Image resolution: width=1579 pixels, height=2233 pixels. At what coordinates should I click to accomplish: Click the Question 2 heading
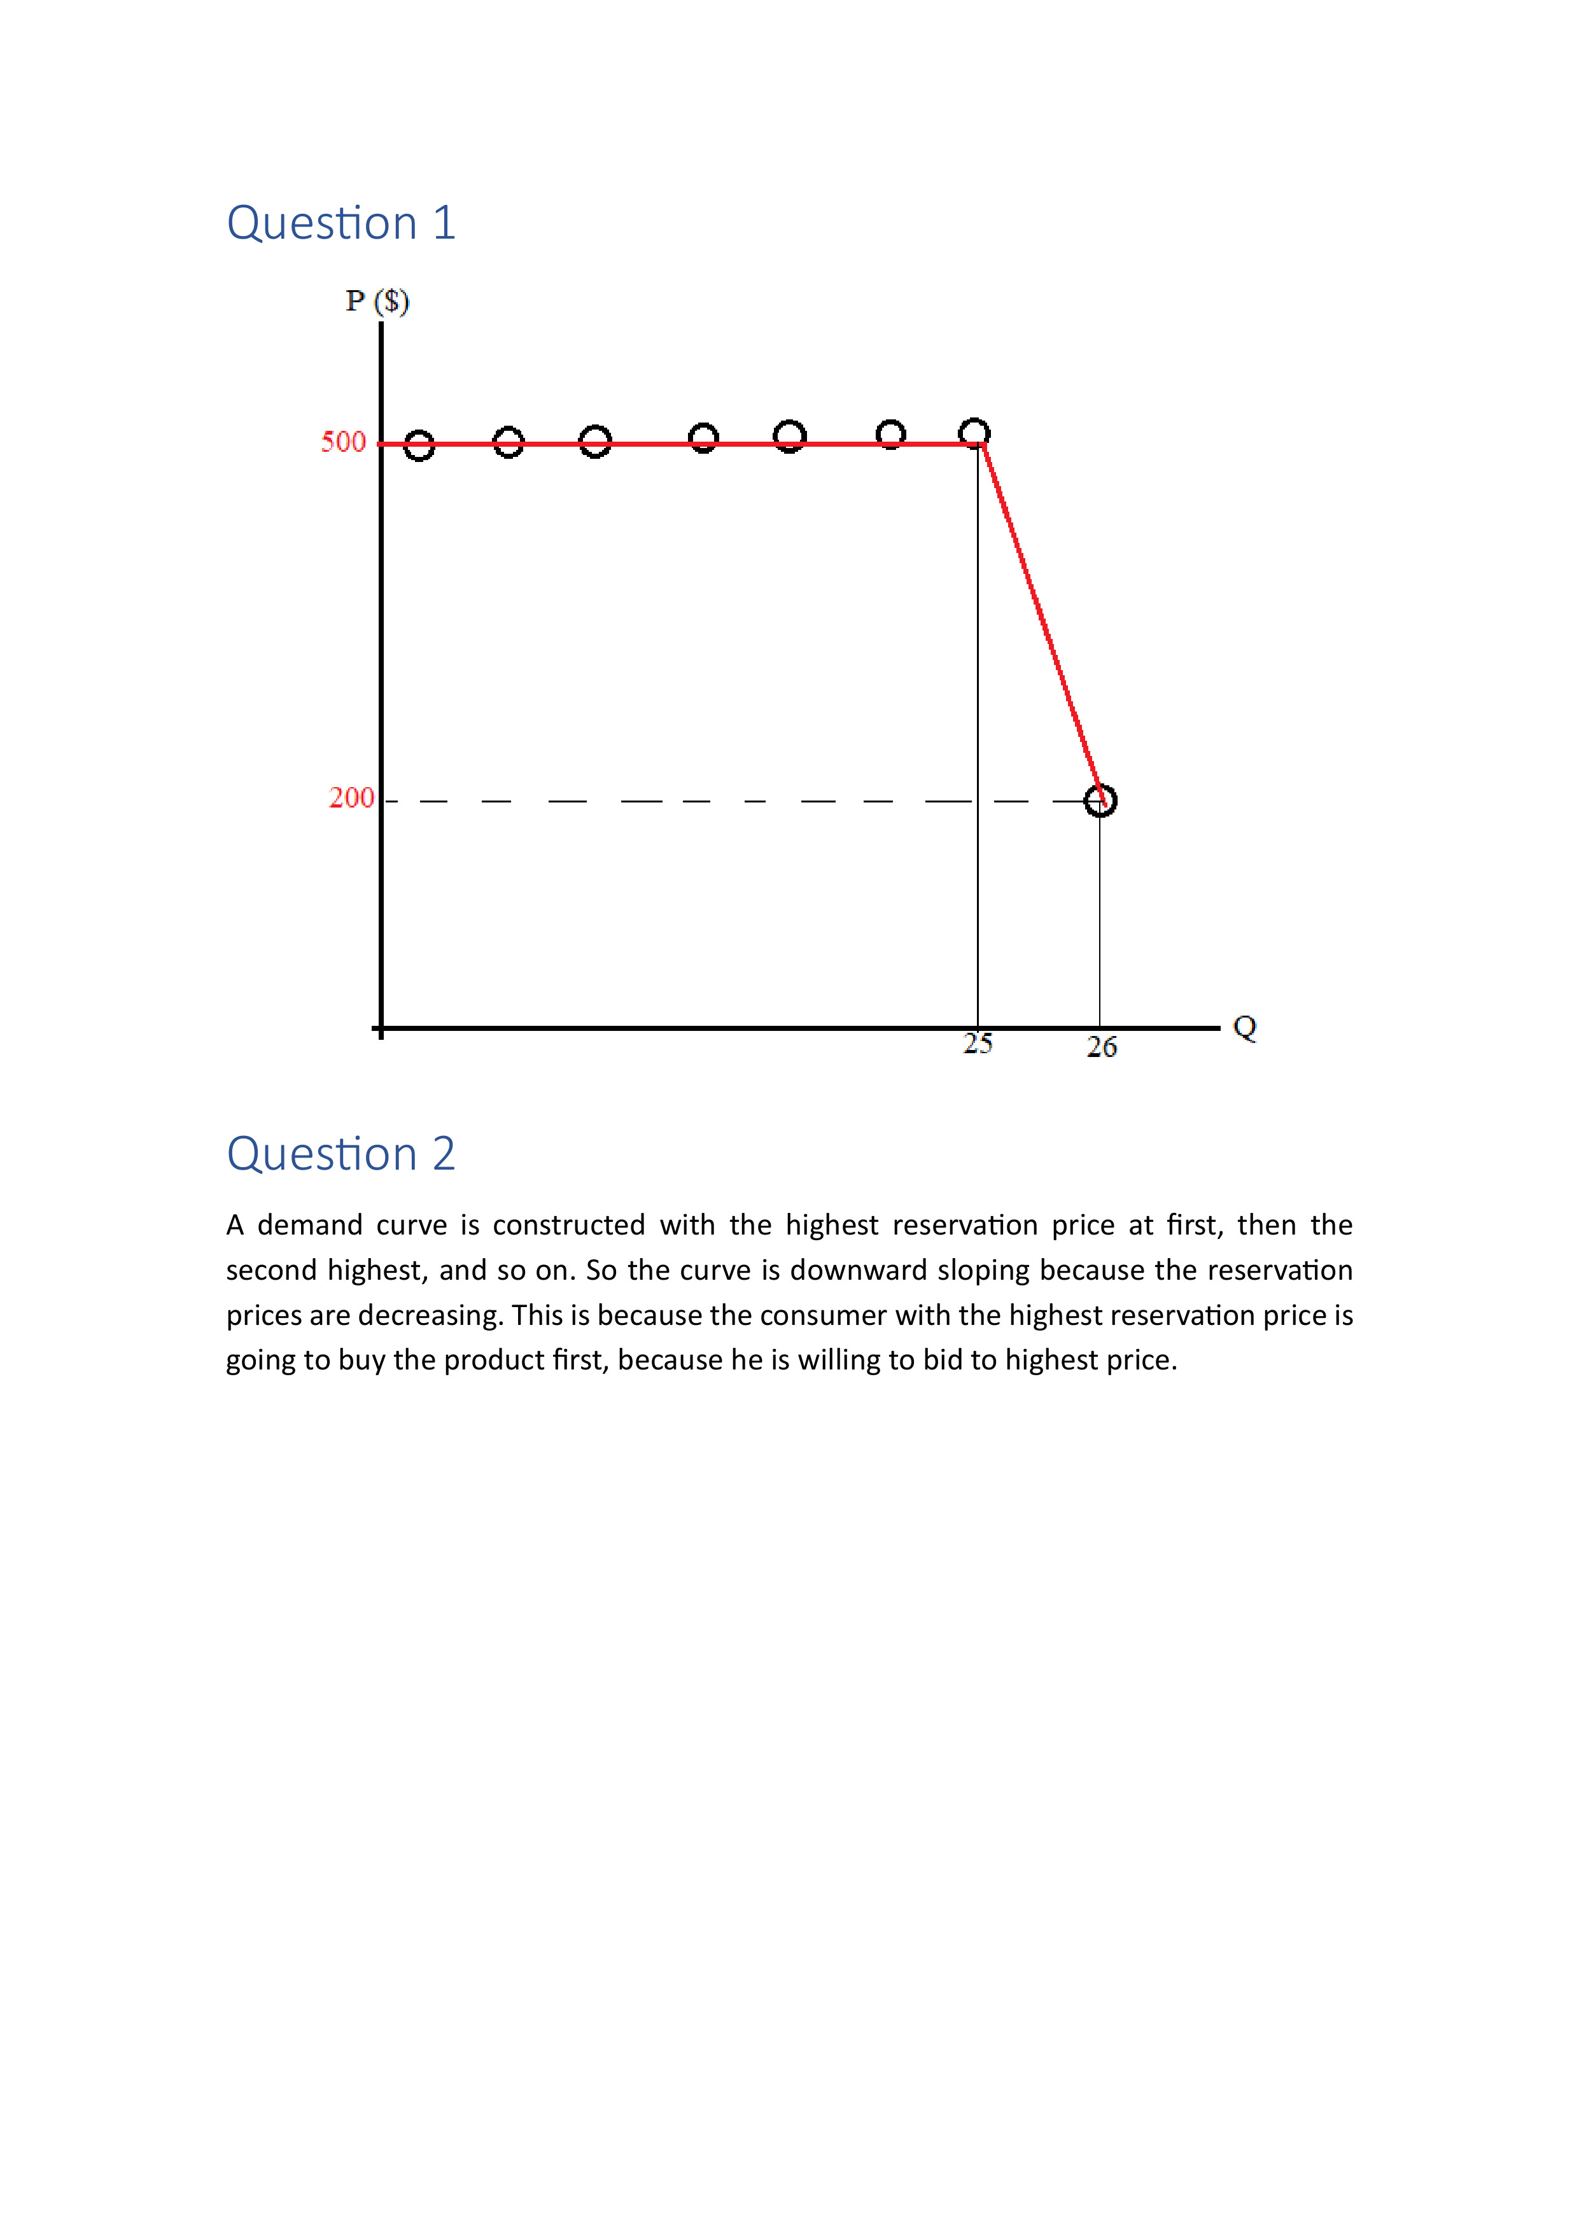pyautogui.click(x=340, y=1154)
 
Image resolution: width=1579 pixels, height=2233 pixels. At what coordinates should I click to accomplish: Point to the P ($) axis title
pyautogui.click(x=377, y=302)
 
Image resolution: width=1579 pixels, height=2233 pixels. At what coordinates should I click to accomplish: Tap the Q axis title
pyautogui.click(x=1244, y=1027)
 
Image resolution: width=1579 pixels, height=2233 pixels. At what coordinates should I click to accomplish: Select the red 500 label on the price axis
pyautogui.click(x=344, y=442)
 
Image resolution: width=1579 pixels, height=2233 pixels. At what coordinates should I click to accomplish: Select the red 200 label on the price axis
pyautogui.click(x=351, y=799)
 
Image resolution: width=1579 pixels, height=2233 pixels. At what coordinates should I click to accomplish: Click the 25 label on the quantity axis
pyautogui.click(x=978, y=1044)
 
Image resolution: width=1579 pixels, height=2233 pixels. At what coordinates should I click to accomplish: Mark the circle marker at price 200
pyautogui.click(x=1100, y=801)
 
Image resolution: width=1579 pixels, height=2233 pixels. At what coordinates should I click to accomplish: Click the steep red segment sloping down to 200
pyautogui.click(x=1041, y=622)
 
